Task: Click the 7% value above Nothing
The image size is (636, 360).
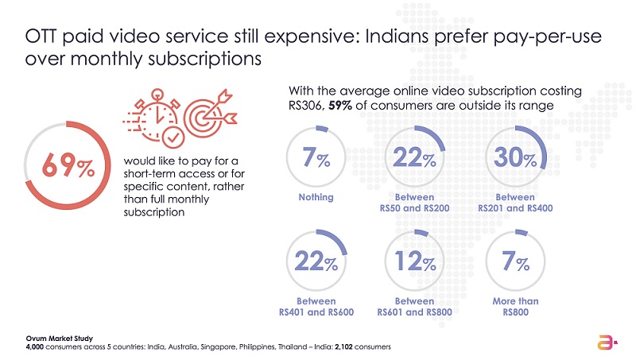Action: coord(316,160)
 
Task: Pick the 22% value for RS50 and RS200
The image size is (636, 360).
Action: coord(413,160)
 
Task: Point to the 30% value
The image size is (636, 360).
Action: coord(514,160)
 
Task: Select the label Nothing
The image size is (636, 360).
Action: coord(316,197)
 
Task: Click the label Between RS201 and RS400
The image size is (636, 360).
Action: coord(514,203)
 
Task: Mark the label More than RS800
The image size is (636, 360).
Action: coord(514,307)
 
